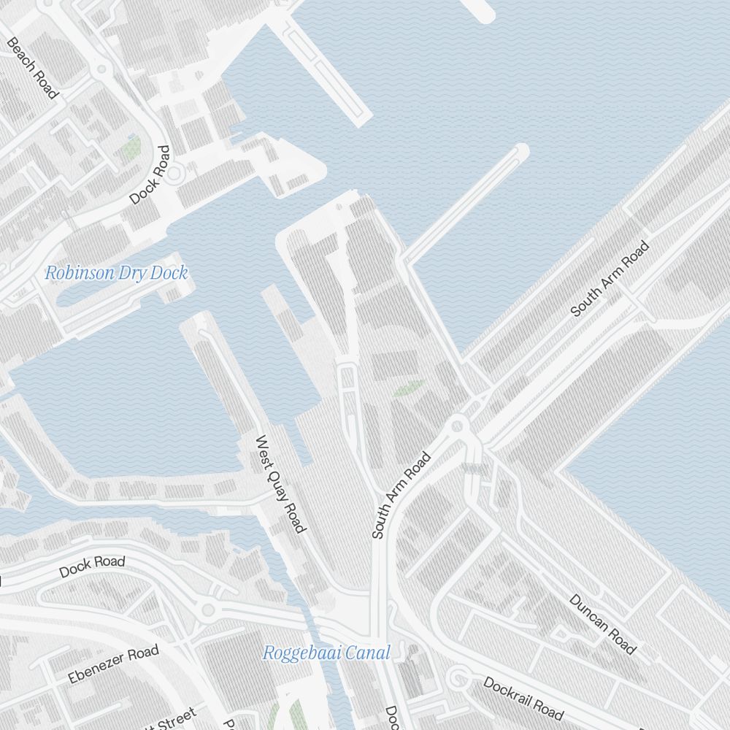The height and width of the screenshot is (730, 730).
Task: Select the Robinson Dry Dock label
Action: (x=117, y=274)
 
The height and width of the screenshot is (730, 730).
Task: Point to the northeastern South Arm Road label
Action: (x=610, y=279)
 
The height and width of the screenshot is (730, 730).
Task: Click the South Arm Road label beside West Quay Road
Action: (x=401, y=496)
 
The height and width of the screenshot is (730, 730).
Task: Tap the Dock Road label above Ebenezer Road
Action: (x=92, y=566)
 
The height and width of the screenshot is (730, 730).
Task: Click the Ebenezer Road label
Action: (x=113, y=665)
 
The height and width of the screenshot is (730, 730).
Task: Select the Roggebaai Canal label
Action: (x=326, y=653)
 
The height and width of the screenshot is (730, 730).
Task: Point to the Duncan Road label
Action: (x=602, y=623)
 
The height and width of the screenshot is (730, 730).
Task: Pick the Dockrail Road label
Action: (x=523, y=698)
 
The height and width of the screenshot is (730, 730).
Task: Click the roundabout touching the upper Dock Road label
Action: (x=175, y=173)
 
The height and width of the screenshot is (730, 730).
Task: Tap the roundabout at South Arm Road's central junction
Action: (x=458, y=425)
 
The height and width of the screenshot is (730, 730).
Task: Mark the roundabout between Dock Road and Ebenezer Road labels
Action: (x=208, y=610)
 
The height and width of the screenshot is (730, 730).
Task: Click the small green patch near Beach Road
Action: (x=131, y=148)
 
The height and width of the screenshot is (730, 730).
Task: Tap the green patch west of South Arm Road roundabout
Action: (x=409, y=388)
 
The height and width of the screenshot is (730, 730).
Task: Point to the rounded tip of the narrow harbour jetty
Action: (x=520, y=150)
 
